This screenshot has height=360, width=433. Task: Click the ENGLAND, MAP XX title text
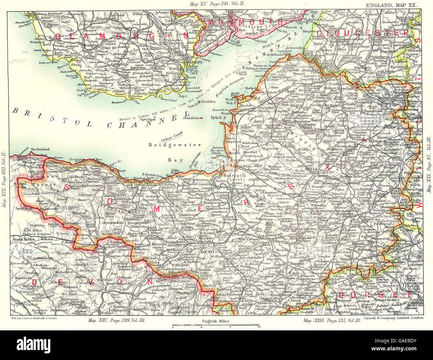[393, 5]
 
